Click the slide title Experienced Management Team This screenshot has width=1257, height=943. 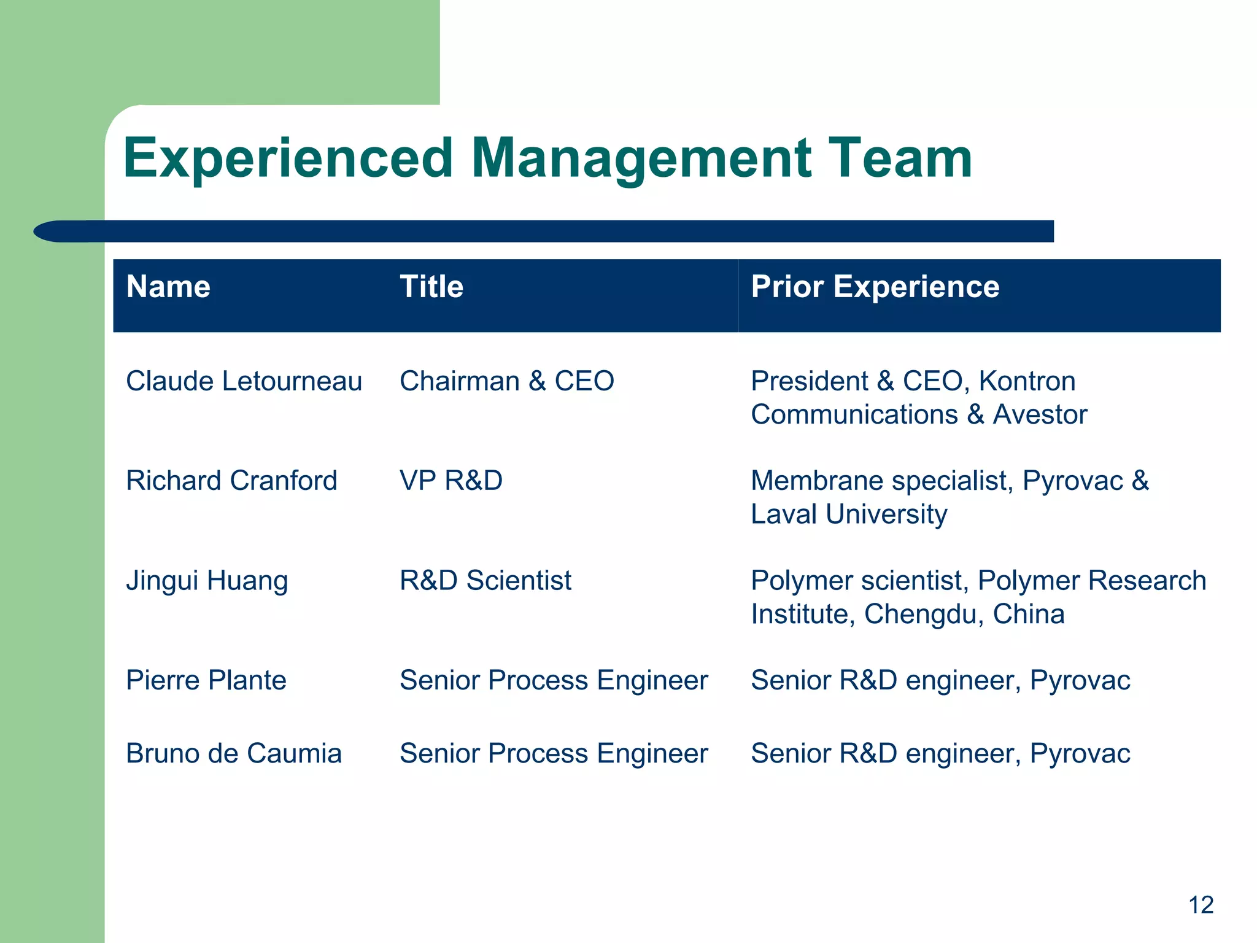click(547, 158)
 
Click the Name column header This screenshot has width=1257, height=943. click(168, 287)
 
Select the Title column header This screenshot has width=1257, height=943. click(431, 287)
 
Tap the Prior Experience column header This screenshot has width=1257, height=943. click(875, 287)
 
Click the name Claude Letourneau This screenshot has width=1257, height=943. click(244, 381)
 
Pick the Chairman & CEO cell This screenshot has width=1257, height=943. click(506, 381)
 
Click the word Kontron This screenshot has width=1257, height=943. click(1027, 381)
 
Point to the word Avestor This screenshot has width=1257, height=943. click(1040, 414)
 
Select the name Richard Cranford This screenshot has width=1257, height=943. click(231, 481)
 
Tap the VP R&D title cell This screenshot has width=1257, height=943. click(451, 481)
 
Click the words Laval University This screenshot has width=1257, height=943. click(849, 514)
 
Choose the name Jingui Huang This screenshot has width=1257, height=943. click(207, 581)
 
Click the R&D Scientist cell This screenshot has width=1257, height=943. click(485, 581)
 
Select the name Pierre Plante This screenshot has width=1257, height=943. click(206, 680)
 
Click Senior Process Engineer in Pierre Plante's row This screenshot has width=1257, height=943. click(554, 680)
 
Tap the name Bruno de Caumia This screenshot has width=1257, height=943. click(234, 753)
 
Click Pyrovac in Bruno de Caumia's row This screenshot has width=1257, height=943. click(1080, 753)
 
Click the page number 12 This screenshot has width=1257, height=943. click(1201, 905)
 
